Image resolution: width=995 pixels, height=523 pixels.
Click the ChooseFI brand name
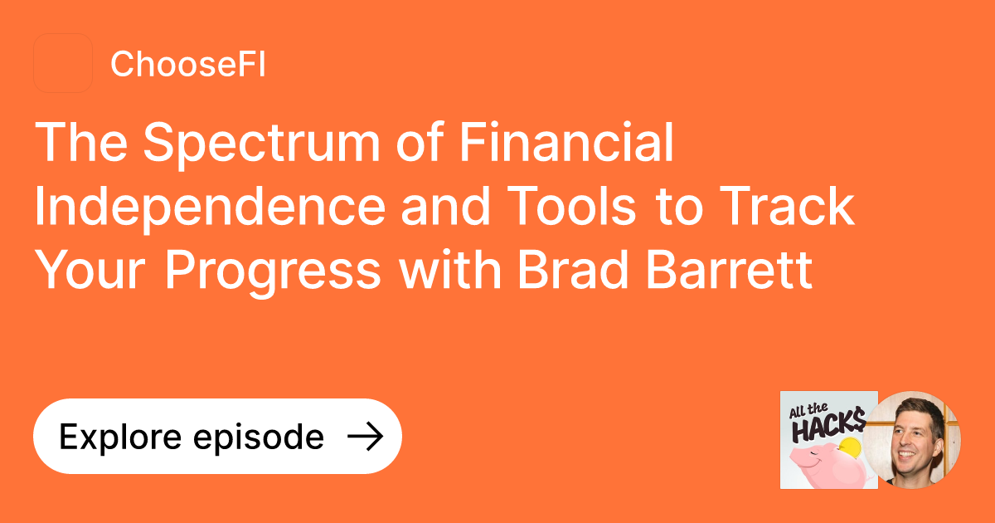187,64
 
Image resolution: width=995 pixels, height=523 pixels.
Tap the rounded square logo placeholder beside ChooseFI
63,63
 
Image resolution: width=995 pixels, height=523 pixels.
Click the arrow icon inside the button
364,437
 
